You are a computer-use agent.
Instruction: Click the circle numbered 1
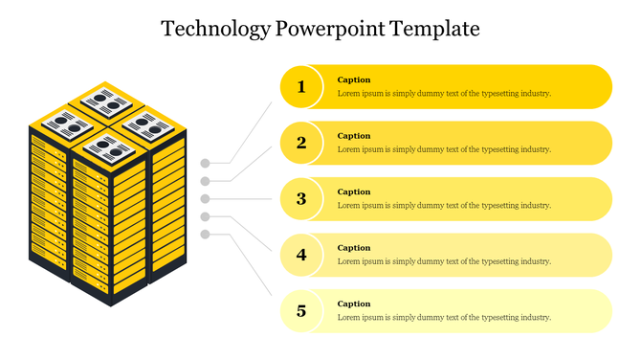pos(301,87)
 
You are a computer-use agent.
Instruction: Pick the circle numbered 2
pos(301,144)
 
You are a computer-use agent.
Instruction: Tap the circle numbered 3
pos(301,199)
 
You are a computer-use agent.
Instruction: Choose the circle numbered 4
pos(301,256)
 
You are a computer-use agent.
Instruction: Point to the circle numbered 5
pos(301,311)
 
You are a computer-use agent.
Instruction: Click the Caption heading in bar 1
pos(354,80)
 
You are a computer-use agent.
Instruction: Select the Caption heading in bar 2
pos(354,136)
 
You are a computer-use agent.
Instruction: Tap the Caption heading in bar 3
pos(354,192)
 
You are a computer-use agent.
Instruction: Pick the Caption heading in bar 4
pos(354,248)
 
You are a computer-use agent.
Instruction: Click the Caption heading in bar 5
pos(354,304)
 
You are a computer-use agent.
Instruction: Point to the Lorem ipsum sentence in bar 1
pos(444,94)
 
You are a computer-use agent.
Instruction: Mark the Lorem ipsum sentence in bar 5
pos(444,318)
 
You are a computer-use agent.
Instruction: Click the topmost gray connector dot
pos(205,163)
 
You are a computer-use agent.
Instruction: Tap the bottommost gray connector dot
pos(205,235)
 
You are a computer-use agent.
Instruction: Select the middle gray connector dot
pos(205,199)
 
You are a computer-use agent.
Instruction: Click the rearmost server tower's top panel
pos(104,100)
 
